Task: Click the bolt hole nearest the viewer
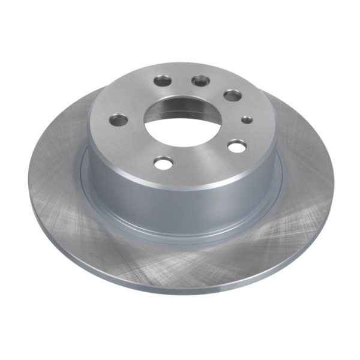[x=163, y=161]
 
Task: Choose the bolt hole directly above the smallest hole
[x=232, y=95]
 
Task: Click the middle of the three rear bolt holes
[x=200, y=81]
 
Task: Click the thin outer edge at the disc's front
[x=180, y=289]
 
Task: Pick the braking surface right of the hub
[x=306, y=180]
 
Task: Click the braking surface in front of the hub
[x=180, y=261]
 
